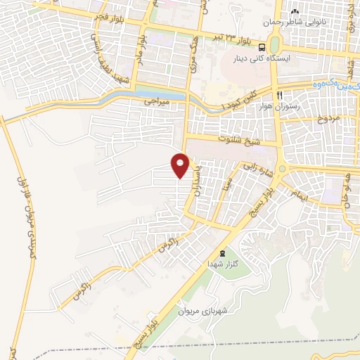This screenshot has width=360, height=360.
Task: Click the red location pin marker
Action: point(181,165)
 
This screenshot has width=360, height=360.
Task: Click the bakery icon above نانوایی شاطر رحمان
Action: point(295,12)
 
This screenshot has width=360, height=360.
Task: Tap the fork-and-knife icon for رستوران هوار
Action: point(280,96)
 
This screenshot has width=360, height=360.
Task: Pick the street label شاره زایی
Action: point(252,167)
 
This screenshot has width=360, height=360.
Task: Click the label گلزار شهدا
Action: point(214,263)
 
